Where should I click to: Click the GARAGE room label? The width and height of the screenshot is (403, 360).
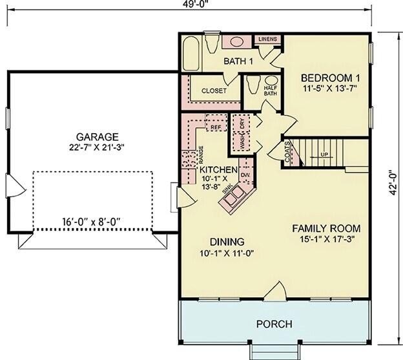pyautogui.click(x=97, y=137)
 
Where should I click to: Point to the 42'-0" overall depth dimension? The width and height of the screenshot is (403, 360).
pyautogui.click(x=393, y=183)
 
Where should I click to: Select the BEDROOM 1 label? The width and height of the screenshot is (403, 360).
pyautogui.click(x=330, y=78)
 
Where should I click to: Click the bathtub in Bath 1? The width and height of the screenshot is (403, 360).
pyautogui.click(x=191, y=54)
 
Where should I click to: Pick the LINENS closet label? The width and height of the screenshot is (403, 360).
pyautogui.click(x=267, y=39)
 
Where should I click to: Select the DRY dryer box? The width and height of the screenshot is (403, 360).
pyautogui.click(x=242, y=123)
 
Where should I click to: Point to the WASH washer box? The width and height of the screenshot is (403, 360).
pyautogui.click(x=242, y=142)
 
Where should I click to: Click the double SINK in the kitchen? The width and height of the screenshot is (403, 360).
pyautogui.click(x=234, y=196)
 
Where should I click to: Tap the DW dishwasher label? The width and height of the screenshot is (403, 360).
pyautogui.click(x=245, y=175)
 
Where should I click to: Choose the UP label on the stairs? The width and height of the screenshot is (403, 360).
pyautogui.click(x=324, y=154)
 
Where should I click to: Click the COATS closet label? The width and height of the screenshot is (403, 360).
pyautogui.click(x=287, y=152)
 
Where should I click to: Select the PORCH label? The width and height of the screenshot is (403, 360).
pyautogui.click(x=274, y=324)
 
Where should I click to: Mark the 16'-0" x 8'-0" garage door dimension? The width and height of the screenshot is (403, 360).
pyautogui.click(x=91, y=221)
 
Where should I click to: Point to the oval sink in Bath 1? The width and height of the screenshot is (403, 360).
pyautogui.click(x=237, y=41)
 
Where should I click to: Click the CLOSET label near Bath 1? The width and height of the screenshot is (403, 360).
pyautogui.click(x=214, y=90)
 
